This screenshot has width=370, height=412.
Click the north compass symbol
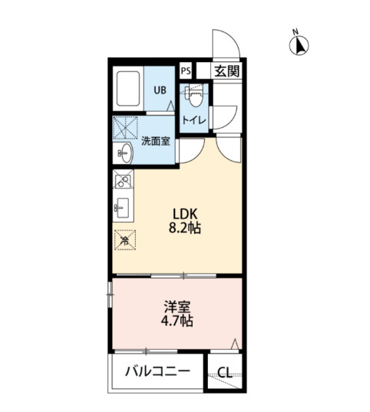point(299,45)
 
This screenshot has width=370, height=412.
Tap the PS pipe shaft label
point(186,71)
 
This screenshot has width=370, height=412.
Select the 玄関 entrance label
point(226,71)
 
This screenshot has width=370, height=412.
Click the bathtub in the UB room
point(128,89)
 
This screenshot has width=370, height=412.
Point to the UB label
point(160,90)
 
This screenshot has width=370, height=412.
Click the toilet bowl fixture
point(195,96)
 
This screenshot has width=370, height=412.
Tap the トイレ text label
point(194,120)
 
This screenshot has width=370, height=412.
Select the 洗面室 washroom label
point(156,142)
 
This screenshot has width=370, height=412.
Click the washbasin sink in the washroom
point(126,153)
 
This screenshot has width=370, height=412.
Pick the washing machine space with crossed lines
point(125,127)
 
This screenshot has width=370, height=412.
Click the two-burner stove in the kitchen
point(123,179)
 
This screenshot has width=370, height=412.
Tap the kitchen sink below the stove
point(122,208)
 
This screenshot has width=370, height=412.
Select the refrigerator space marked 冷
point(125,240)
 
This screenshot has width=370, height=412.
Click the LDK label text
point(185,214)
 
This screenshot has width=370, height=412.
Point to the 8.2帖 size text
point(184,227)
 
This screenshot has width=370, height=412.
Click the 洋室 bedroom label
point(177,306)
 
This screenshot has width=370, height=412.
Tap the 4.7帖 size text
point(177,321)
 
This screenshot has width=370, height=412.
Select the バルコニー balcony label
point(157,371)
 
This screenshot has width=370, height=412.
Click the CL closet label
point(225,372)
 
